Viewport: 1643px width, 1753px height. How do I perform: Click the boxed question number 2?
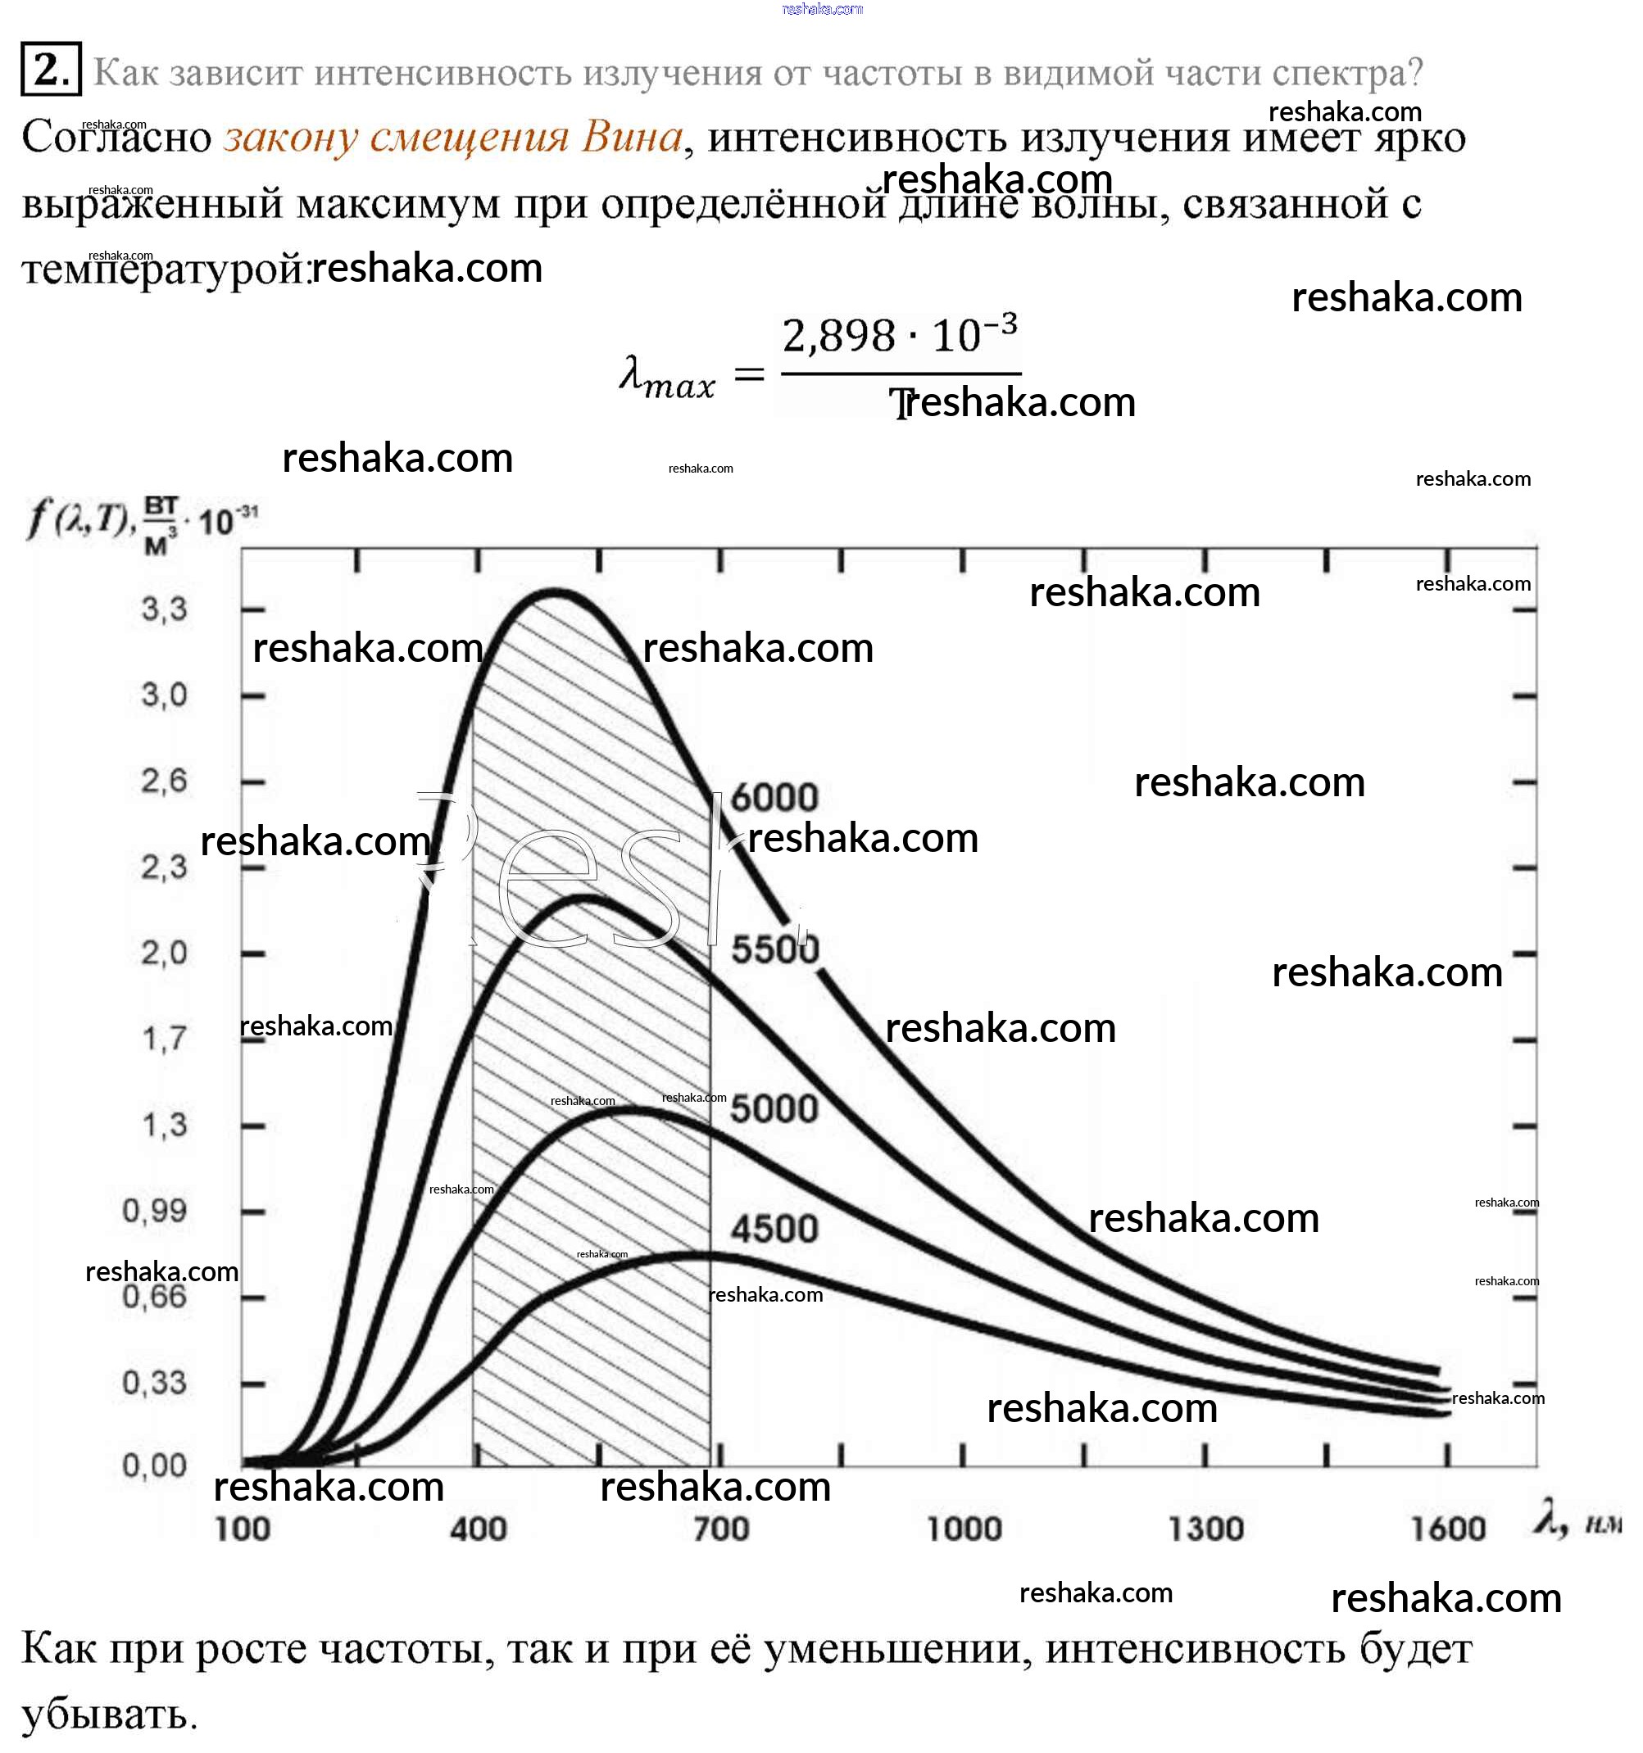click(50, 69)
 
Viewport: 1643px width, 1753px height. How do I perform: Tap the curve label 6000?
click(774, 797)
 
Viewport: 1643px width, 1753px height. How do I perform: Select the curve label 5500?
click(774, 949)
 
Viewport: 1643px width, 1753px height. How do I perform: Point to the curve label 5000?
click(774, 1108)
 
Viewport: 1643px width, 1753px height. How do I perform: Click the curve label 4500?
click(774, 1229)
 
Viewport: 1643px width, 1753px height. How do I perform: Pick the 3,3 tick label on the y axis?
click(165, 609)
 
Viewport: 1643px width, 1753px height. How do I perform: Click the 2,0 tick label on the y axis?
click(165, 953)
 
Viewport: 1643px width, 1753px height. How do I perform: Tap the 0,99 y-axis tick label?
click(155, 1211)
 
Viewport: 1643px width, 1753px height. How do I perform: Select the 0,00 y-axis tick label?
click(155, 1465)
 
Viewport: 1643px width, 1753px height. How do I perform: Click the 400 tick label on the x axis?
click(478, 1529)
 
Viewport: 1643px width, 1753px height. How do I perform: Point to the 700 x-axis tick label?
click(720, 1529)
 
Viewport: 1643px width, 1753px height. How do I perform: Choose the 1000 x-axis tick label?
click(964, 1529)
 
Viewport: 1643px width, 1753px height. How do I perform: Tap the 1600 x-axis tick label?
click(1448, 1529)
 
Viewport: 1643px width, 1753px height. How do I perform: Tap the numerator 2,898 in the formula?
click(837, 337)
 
